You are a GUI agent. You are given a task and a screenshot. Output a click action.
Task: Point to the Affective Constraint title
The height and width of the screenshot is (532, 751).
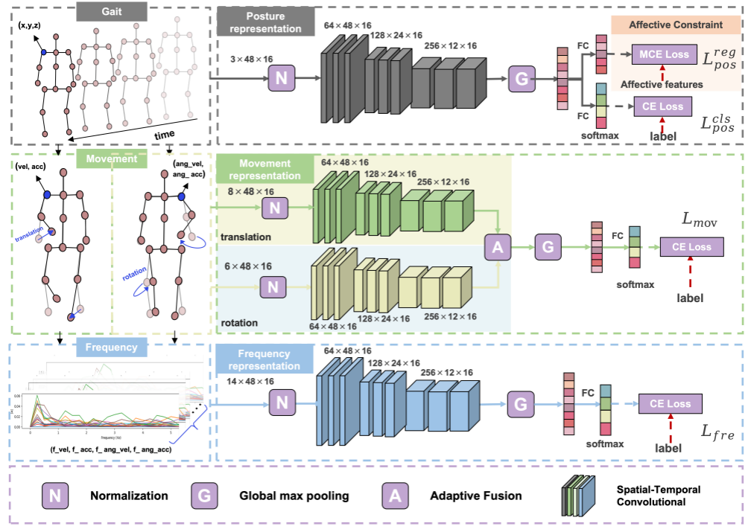[x=675, y=25]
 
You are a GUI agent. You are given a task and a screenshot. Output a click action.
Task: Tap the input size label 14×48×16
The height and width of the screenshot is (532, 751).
[x=250, y=382]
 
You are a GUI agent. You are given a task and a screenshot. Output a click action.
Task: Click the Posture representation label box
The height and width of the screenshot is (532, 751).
[x=261, y=22]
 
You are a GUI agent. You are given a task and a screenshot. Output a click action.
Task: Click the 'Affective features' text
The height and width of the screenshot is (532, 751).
[x=662, y=84]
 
